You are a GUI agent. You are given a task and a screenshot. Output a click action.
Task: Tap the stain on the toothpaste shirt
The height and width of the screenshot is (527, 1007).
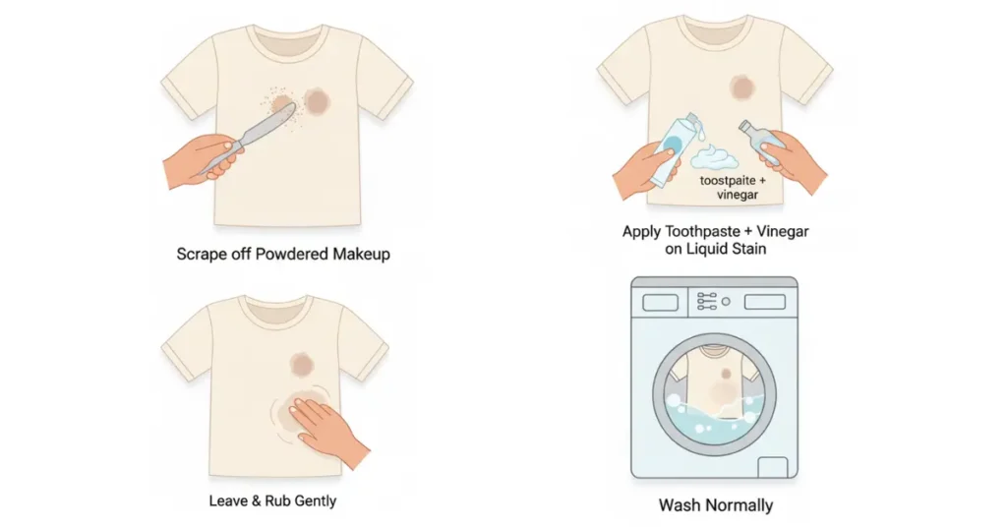[741, 88]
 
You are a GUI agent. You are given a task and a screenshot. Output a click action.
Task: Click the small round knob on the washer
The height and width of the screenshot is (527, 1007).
[726, 301]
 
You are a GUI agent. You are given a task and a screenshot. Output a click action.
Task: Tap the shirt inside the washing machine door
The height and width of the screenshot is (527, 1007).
[714, 380]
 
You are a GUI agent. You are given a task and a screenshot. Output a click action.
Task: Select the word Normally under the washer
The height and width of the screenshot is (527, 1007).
[739, 505]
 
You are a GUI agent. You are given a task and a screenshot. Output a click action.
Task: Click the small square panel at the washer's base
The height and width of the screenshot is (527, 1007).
[773, 467]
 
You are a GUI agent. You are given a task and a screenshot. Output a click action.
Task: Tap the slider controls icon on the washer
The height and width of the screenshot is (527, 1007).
[706, 301]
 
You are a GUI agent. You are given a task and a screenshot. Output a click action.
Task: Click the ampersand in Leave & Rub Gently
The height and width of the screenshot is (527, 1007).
[257, 500]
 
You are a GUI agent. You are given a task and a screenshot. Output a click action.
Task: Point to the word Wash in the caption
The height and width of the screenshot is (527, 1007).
[679, 505]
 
